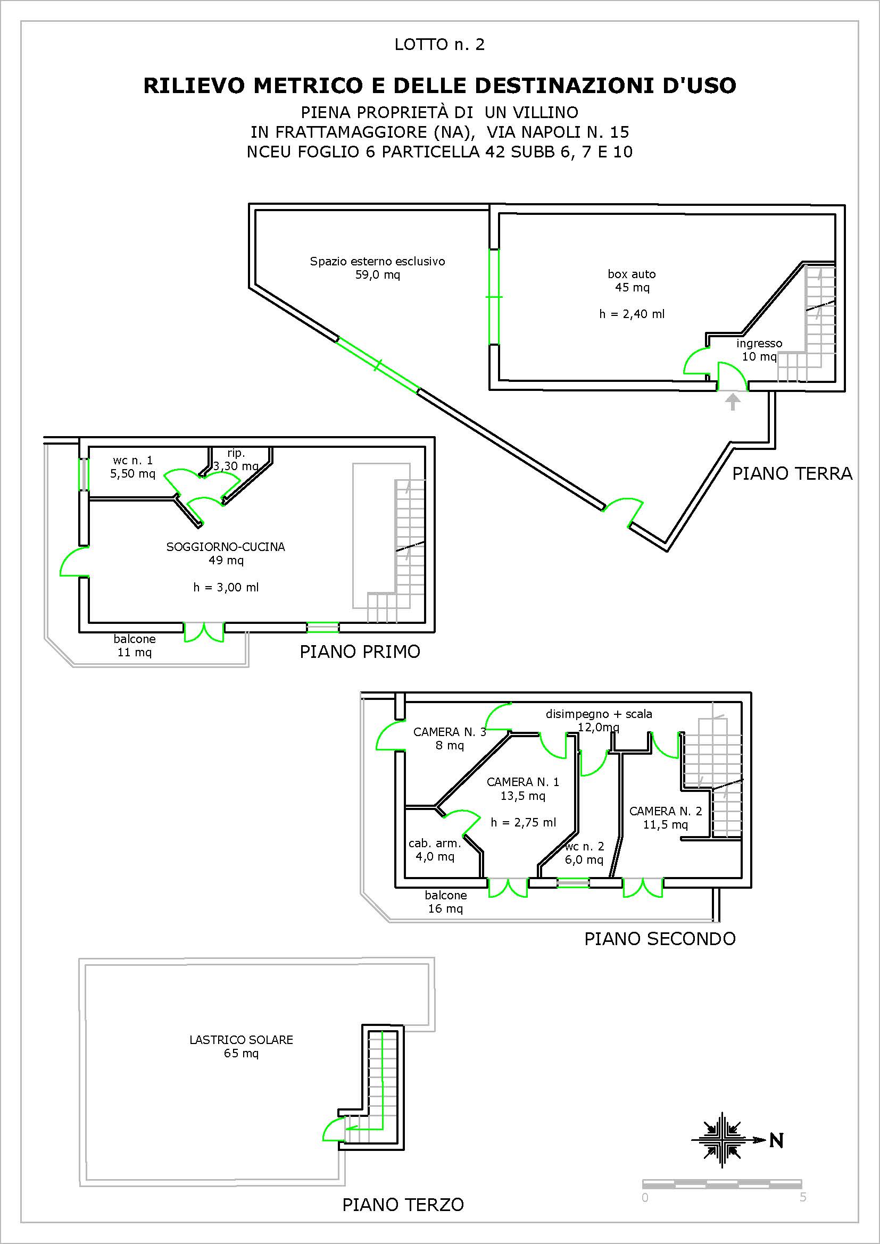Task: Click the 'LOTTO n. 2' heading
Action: click(x=439, y=45)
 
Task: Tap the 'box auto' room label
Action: click(x=632, y=274)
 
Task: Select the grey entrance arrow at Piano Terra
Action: click(x=733, y=402)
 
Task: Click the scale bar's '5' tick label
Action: click(x=803, y=1197)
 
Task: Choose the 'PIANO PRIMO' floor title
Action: click(x=360, y=652)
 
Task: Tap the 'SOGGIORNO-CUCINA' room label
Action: click(x=226, y=547)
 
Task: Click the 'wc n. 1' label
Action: click(x=133, y=461)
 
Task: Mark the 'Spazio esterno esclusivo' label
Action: click(x=378, y=261)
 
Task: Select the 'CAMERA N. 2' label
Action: click(x=666, y=811)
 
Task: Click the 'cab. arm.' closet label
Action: click(x=435, y=843)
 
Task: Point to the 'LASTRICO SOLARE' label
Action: click(x=241, y=1040)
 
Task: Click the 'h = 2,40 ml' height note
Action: click(x=632, y=314)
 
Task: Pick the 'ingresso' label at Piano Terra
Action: click(x=759, y=344)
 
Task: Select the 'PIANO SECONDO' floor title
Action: click(x=660, y=938)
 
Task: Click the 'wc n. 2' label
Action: click(x=584, y=846)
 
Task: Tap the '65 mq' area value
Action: click(x=241, y=1053)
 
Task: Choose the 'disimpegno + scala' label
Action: click(x=599, y=714)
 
